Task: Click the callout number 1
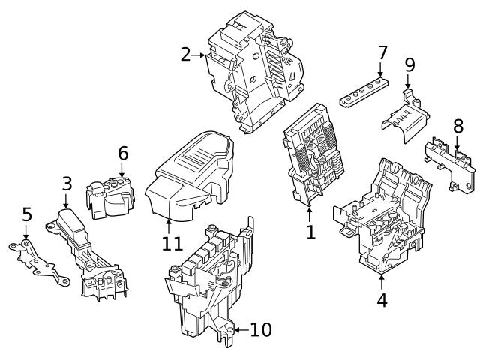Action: [310, 232]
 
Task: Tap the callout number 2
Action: [186, 55]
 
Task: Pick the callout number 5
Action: [26, 215]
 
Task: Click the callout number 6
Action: [123, 153]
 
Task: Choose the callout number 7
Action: [382, 53]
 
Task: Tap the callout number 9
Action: [409, 65]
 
